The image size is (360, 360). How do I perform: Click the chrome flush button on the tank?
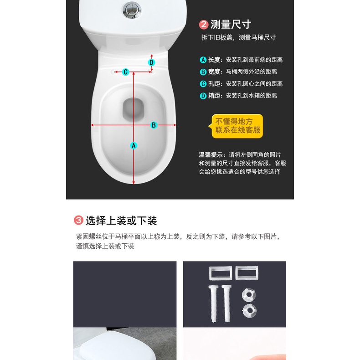click(132, 10)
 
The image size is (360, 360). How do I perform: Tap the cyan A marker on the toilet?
click(134, 145)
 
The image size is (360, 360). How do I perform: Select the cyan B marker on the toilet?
click(154, 125)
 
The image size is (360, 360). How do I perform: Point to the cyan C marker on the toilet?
click(125, 72)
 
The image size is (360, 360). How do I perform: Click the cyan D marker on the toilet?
click(151, 62)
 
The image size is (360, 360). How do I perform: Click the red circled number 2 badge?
click(204, 25)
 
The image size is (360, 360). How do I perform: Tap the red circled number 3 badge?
click(78, 220)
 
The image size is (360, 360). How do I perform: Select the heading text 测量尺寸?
click(231, 24)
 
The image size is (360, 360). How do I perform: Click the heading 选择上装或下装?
click(121, 221)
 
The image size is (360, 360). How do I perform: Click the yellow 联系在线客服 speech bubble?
click(237, 126)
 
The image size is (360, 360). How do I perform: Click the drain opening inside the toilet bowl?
click(133, 109)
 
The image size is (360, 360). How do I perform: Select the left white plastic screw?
click(213, 303)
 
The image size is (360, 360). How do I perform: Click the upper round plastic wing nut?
click(249, 295)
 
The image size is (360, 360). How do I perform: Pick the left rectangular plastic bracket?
click(221, 273)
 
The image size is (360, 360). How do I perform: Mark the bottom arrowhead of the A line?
click(134, 183)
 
